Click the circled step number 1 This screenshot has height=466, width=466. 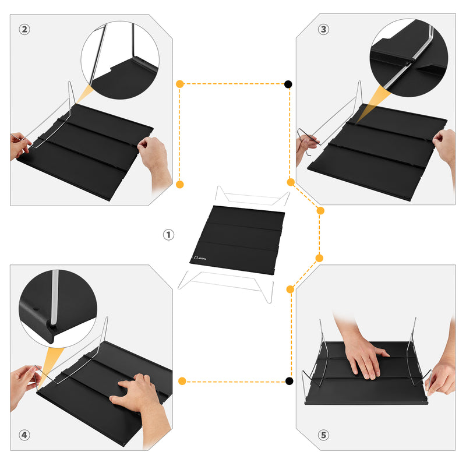(168, 235)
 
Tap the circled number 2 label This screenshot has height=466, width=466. (24, 30)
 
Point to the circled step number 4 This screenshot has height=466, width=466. (24, 435)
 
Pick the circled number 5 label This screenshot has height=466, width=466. (323, 435)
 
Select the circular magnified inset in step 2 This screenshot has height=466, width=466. (120, 60)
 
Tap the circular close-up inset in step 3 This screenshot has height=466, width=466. (408, 57)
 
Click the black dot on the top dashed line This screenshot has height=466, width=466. (288, 84)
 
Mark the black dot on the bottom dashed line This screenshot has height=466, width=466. (289, 382)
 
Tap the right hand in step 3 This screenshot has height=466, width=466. (445, 145)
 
